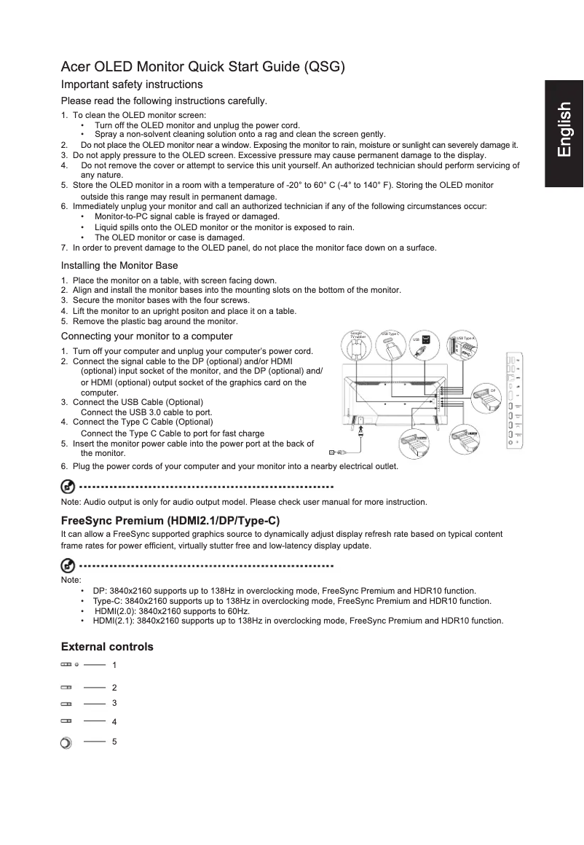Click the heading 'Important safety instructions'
click(132, 84)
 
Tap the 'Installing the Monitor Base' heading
click(119, 265)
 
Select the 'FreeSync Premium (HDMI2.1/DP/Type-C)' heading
click(170, 520)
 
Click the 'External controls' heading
click(107, 647)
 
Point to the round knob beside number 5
click(66, 743)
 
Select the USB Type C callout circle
click(391, 346)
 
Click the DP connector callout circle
click(487, 398)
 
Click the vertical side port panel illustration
click(514, 399)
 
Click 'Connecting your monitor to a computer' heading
click(146, 336)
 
